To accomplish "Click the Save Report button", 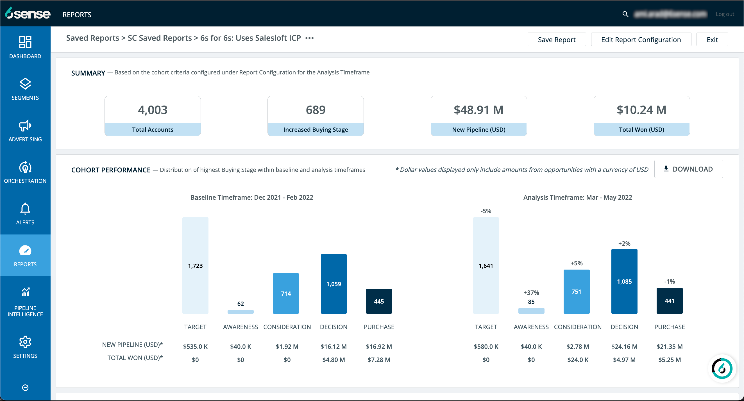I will [x=556, y=40].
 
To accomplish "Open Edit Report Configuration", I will [x=641, y=40].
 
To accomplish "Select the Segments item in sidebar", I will [x=25, y=89].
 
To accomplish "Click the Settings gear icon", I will [x=25, y=342].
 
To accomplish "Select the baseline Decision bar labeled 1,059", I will [x=333, y=284].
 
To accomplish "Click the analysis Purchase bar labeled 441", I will [x=669, y=301].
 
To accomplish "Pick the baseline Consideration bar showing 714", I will [x=286, y=293].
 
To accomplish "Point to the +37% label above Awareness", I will [x=531, y=292].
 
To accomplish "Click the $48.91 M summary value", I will [x=478, y=110].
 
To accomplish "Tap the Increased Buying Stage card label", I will [x=316, y=130].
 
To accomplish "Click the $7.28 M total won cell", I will [x=379, y=360].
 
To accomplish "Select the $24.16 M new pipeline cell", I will [x=624, y=347].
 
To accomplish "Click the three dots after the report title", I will [x=309, y=38].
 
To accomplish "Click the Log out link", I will [x=724, y=14].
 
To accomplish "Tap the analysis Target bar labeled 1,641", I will [x=486, y=265].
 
